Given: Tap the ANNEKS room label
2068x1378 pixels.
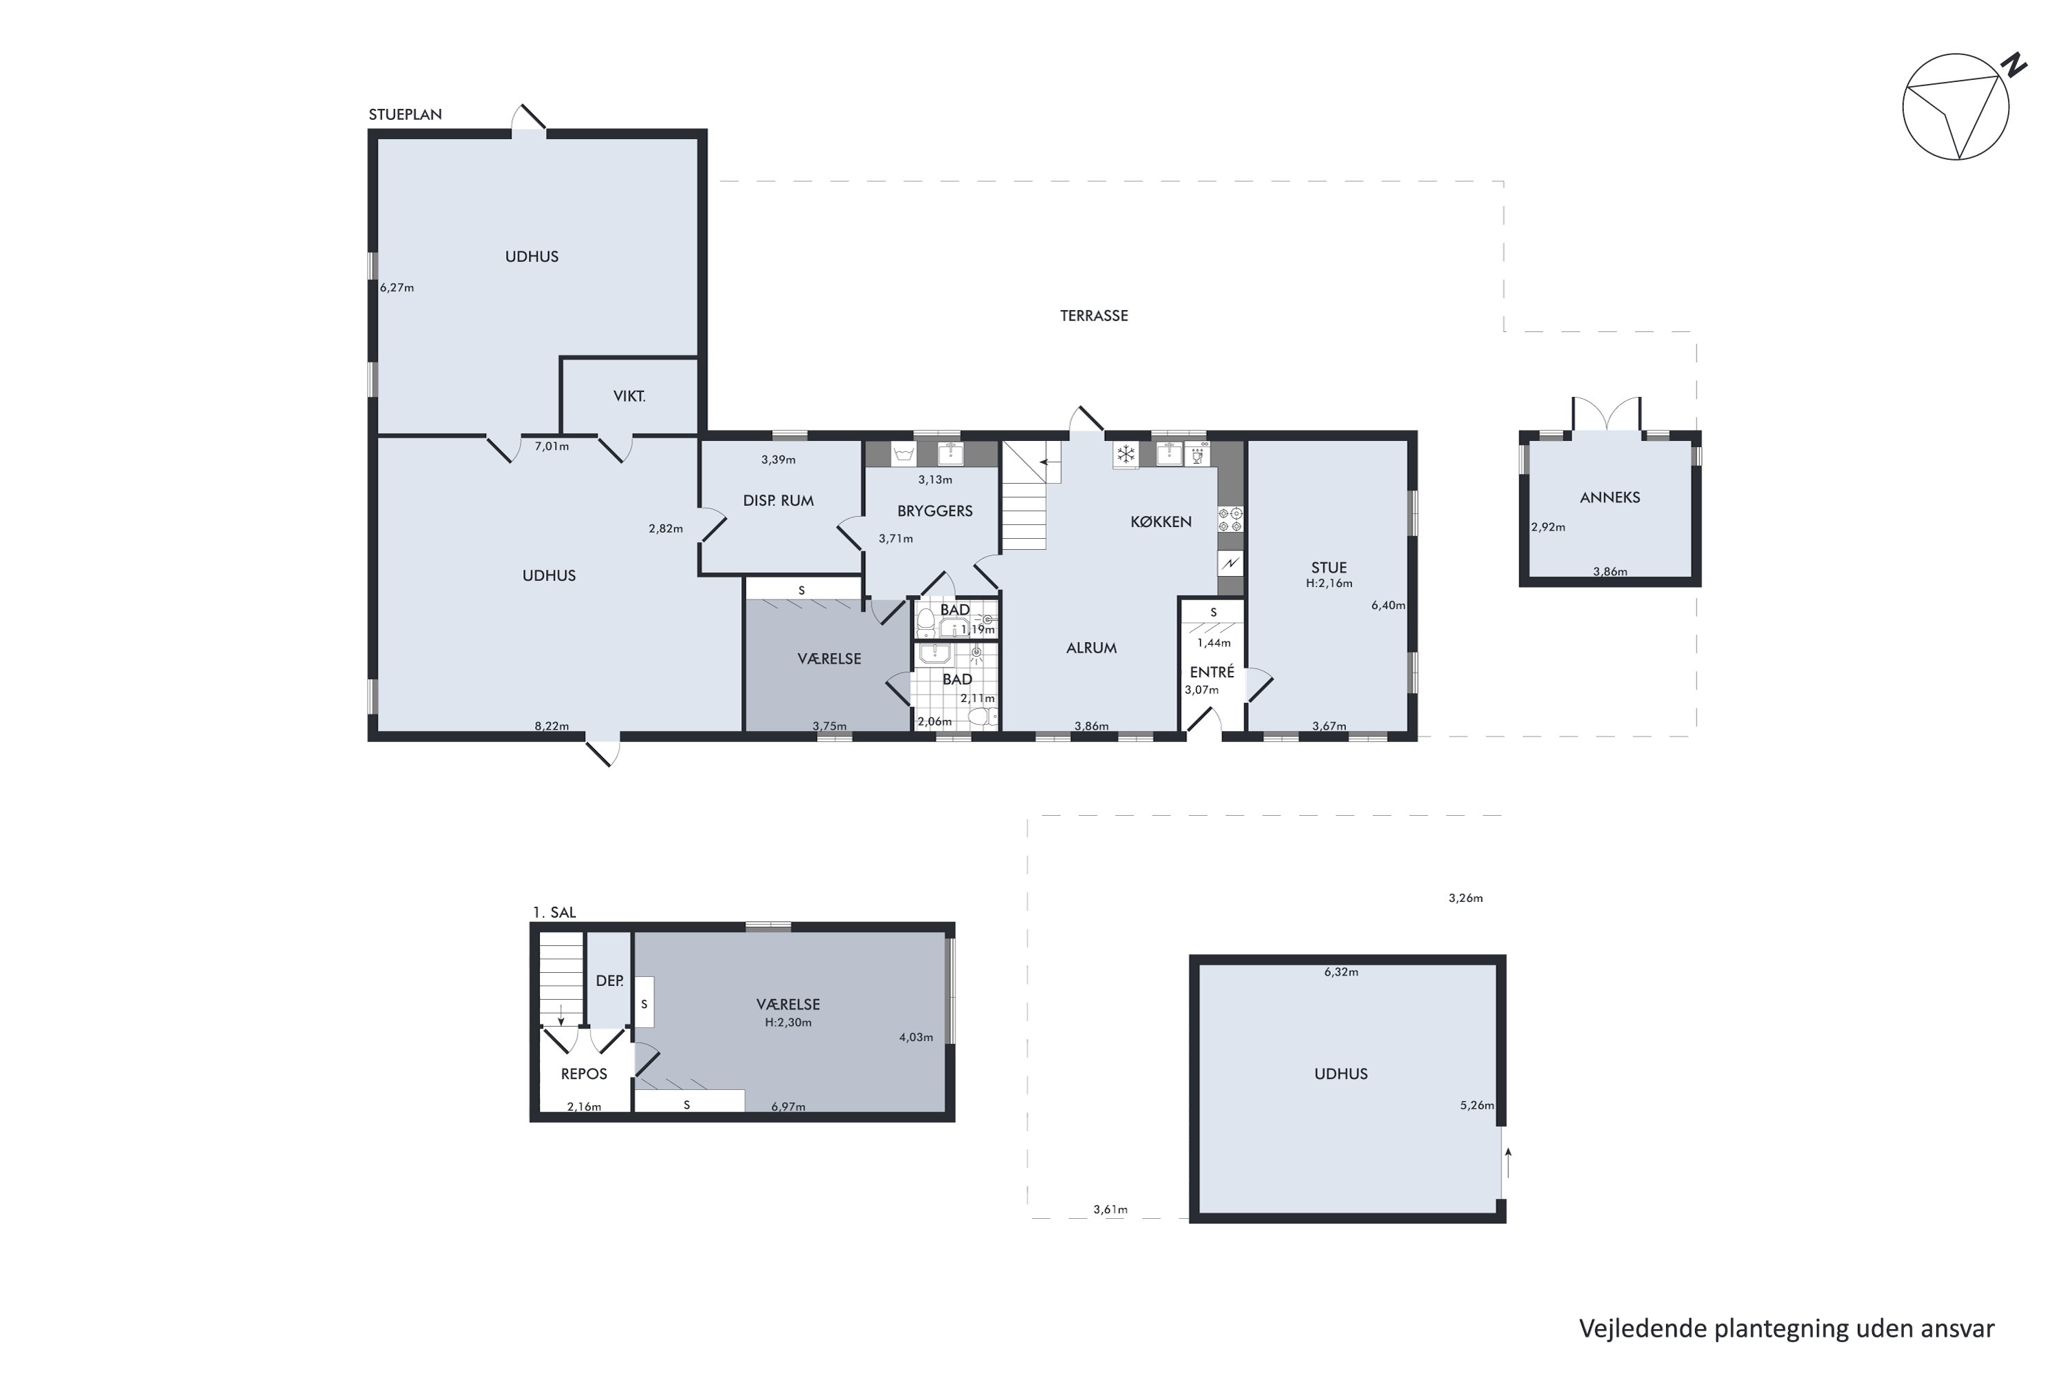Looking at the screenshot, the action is click(1610, 497).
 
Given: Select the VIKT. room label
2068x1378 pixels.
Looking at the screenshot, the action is click(629, 396).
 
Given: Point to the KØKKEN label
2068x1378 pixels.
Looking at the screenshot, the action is click(1161, 522).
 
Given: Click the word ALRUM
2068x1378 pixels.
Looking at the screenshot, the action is click(1091, 648).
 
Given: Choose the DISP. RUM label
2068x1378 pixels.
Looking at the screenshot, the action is click(778, 501).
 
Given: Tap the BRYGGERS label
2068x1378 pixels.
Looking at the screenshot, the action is click(935, 511).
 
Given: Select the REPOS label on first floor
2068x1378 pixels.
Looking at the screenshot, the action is click(584, 1074).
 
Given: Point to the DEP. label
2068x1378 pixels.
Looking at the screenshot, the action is click(609, 980).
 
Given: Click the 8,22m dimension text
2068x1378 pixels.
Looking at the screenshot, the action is click(552, 726).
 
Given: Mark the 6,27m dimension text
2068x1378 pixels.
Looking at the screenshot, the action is click(396, 287).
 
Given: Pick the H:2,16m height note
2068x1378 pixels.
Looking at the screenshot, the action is click(1328, 584).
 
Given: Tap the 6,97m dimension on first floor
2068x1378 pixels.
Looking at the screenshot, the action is click(788, 1107).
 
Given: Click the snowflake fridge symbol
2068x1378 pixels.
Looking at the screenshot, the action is click(1126, 454).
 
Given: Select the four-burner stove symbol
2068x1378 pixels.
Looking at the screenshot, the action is click(1230, 520).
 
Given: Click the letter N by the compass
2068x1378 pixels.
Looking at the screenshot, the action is click(2014, 66).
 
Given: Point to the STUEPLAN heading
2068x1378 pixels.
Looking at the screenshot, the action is click(405, 114).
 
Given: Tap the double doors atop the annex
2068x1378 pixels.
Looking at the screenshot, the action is click(1606, 414).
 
